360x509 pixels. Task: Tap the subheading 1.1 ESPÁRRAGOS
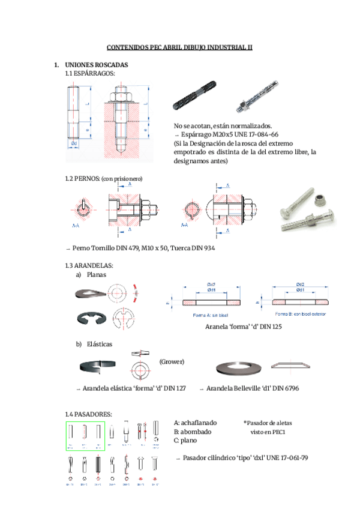coord(90,73)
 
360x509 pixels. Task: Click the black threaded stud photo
coord(199,98)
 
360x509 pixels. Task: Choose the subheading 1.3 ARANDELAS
coord(89,265)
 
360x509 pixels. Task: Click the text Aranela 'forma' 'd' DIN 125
coord(243,327)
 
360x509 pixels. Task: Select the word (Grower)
coord(172,362)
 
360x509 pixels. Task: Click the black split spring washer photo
coord(97,366)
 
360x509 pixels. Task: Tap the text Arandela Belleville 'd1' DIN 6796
coord(252,389)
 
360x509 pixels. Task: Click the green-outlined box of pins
coord(85,436)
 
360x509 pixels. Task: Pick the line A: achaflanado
coord(196,423)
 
